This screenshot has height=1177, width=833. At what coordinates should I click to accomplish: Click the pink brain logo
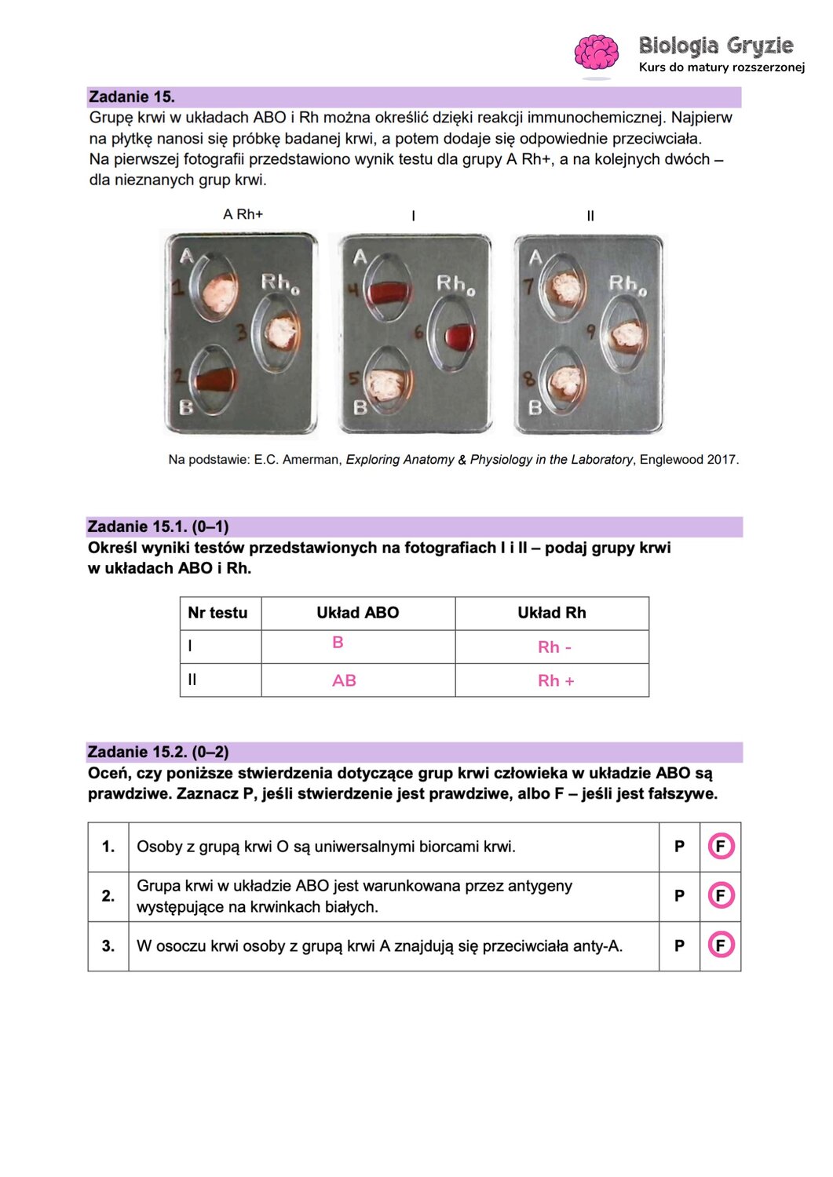[596, 53]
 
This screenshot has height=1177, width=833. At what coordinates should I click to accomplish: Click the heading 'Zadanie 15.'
[132, 97]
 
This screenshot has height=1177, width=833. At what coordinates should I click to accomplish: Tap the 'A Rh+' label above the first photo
[243, 214]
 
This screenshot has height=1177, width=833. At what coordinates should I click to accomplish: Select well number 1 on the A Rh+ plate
[217, 290]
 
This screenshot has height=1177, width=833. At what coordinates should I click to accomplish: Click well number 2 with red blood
[215, 381]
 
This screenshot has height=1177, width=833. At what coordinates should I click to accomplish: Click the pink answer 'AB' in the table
[344, 681]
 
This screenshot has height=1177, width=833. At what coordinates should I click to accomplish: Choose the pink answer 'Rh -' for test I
[554, 647]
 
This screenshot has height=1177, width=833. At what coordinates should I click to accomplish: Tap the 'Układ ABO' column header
[357, 613]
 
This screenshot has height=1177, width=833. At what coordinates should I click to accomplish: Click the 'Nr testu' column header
[217, 613]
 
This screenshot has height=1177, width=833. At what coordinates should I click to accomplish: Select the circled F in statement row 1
[720, 847]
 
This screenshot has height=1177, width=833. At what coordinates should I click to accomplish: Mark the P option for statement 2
[679, 896]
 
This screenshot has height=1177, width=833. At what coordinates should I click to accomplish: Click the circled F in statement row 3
[720, 946]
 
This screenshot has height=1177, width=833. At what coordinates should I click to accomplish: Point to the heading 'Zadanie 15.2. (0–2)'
[159, 752]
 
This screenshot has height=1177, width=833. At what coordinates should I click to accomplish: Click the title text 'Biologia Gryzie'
[715, 46]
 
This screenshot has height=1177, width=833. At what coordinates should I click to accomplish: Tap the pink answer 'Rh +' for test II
[556, 681]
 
